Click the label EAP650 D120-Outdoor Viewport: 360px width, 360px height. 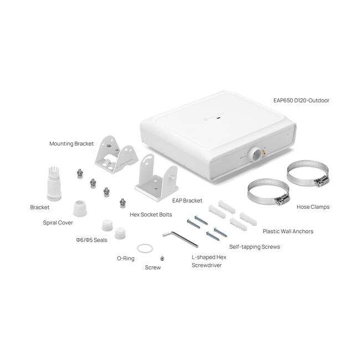coord(301,100)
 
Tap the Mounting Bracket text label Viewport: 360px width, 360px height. coord(71,144)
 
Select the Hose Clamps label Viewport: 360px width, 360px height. coord(313,207)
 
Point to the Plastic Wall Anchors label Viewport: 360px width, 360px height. coord(288,231)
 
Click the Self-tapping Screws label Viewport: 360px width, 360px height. coord(255,247)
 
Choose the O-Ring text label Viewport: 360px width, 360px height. coord(126,258)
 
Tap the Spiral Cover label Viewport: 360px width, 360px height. coord(58,223)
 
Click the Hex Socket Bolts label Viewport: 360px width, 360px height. coord(151,214)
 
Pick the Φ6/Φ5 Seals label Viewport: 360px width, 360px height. coord(91,240)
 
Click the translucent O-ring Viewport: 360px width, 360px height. coord(145,245)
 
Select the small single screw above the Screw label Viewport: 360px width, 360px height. coord(162,258)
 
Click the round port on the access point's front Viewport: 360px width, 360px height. coord(254,154)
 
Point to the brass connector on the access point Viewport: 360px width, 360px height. coord(264,152)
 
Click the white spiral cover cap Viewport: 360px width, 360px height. coord(80,208)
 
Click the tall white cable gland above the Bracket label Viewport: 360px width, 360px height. coord(54,183)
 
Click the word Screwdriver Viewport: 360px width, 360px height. coord(207,265)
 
